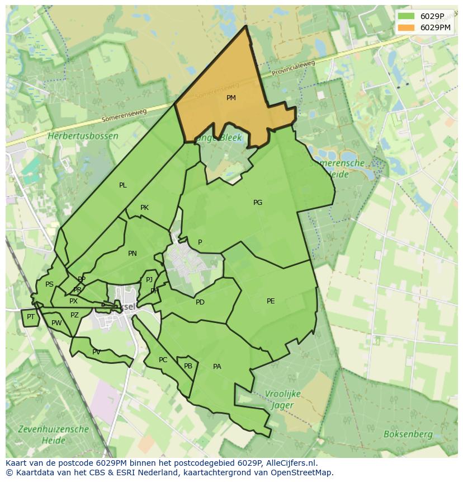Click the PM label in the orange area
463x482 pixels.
[x=231, y=98]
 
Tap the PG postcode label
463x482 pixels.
[x=258, y=203]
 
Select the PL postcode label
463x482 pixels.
[x=123, y=185]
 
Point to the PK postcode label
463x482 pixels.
[x=144, y=208]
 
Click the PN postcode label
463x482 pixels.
[x=133, y=254]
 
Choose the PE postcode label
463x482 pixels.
[x=271, y=301]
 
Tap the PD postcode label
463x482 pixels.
[x=200, y=302]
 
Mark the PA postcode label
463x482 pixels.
[x=217, y=367]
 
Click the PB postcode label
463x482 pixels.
[x=188, y=366]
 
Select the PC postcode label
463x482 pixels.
[x=163, y=360]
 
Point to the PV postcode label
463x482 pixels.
[x=96, y=352]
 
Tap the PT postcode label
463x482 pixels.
[x=31, y=317]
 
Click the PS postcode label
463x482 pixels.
[x=49, y=284]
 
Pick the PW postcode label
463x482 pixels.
[x=56, y=323]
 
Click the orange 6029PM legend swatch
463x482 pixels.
[x=407, y=27]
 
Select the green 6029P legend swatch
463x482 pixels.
[x=407, y=16]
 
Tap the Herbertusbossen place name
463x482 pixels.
[x=83, y=136]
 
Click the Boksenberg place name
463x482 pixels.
[x=408, y=434]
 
